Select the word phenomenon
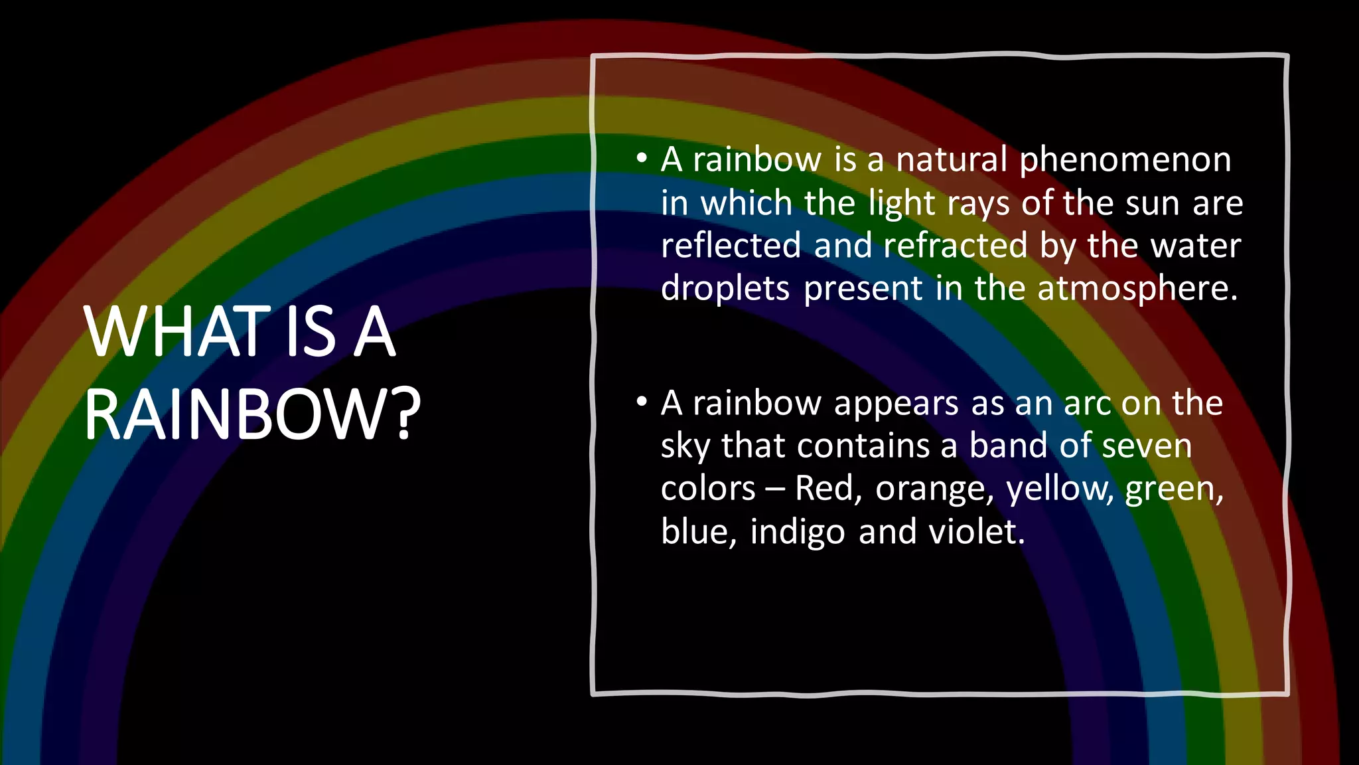pyautogui.click(x=1125, y=161)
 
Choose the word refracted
pyautogui.click(x=956, y=246)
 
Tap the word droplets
pyautogui.click(x=725, y=290)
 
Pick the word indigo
pyautogui.click(x=798, y=533)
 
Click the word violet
pyautogui.click(x=977, y=531)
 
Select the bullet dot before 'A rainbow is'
pyautogui.click(x=641, y=159)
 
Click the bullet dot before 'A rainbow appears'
pyautogui.click(x=641, y=402)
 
